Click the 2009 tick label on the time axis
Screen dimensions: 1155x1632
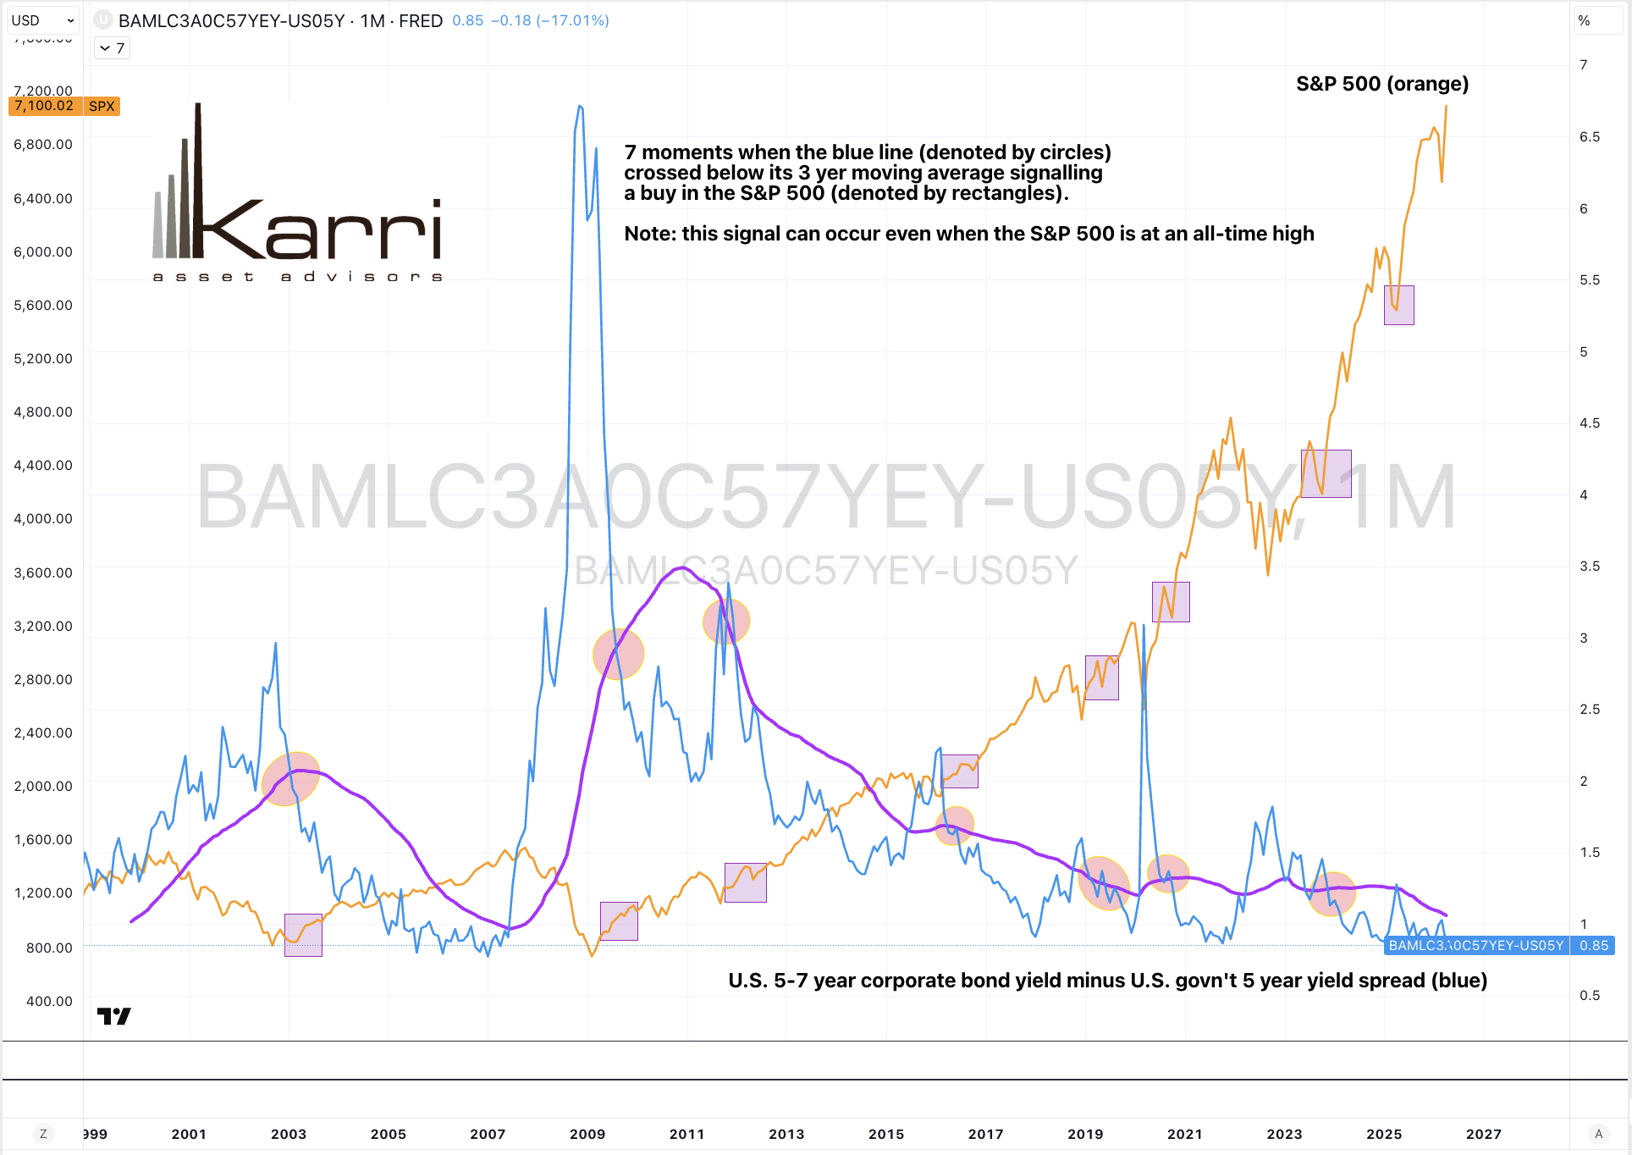[587, 1134]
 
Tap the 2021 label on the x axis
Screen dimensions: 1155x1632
[1184, 1134]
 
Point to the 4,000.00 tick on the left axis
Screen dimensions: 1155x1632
[43, 518]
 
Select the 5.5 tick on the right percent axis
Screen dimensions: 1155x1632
[1589, 279]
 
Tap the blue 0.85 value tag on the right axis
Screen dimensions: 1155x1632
[1593, 945]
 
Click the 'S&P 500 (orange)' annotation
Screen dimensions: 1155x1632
[1381, 84]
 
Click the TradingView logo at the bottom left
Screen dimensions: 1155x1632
[113, 1015]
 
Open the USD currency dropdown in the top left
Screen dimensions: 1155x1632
[43, 20]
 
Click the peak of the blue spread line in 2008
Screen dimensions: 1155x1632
[580, 107]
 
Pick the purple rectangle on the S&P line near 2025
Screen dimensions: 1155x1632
[1398, 305]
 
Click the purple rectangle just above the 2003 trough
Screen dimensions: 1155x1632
[303, 935]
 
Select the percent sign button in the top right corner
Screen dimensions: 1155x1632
[1584, 20]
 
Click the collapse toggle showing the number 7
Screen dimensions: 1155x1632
[112, 48]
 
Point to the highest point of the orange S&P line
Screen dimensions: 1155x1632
[1446, 107]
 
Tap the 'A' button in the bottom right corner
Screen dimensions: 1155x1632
[1598, 1134]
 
